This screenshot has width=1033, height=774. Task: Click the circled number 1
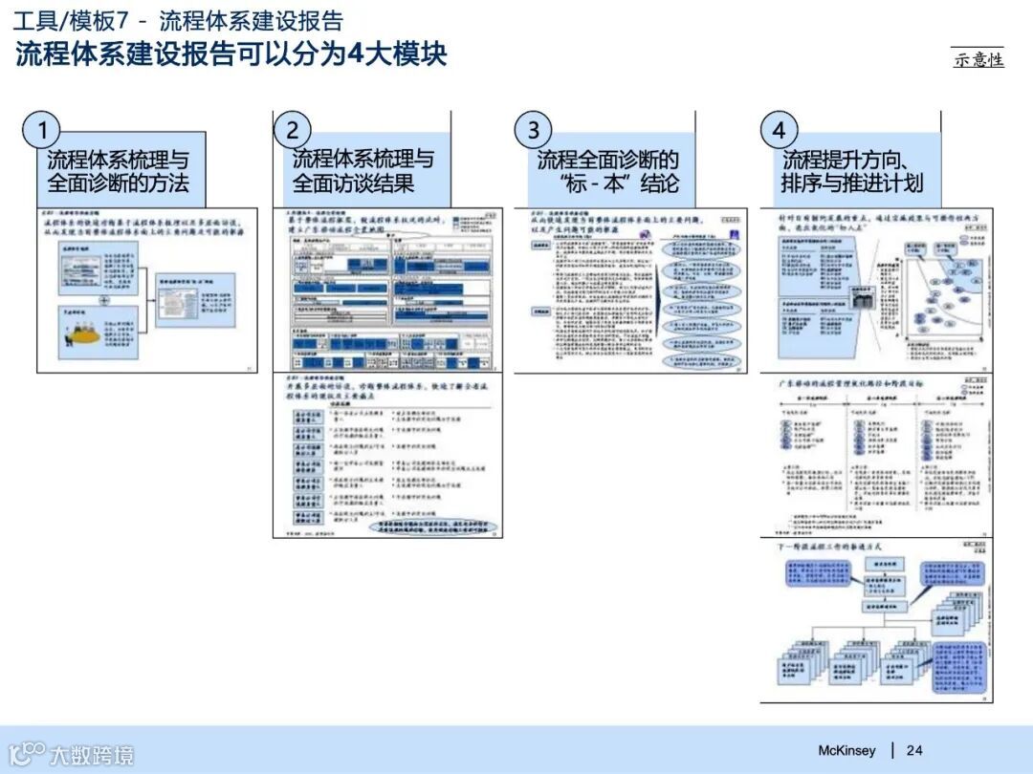tap(44, 130)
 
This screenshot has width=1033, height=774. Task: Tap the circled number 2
tap(292, 130)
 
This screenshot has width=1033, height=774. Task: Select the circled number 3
tap(533, 130)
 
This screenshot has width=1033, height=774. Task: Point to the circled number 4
tap(779, 130)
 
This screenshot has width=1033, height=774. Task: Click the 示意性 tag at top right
tap(978, 59)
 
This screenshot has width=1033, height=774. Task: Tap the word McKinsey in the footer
tap(846, 750)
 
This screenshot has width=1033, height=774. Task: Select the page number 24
tap(914, 750)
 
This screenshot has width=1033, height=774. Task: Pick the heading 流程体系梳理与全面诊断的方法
tap(119, 171)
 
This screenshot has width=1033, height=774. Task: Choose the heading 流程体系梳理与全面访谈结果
tap(363, 171)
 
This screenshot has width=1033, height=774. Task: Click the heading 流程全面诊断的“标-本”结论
tap(608, 171)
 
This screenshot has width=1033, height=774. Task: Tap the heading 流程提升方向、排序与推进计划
tap(852, 171)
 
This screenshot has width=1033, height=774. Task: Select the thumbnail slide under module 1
tap(147, 290)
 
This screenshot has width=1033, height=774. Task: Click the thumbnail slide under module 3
tap(631, 290)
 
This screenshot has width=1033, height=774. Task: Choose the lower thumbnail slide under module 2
tap(387, 455)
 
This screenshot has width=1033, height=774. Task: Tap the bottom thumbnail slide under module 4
tap(876, 620)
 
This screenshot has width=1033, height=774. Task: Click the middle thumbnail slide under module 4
tap(876, 455)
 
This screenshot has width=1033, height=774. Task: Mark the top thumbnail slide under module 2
tap(387, 290)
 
